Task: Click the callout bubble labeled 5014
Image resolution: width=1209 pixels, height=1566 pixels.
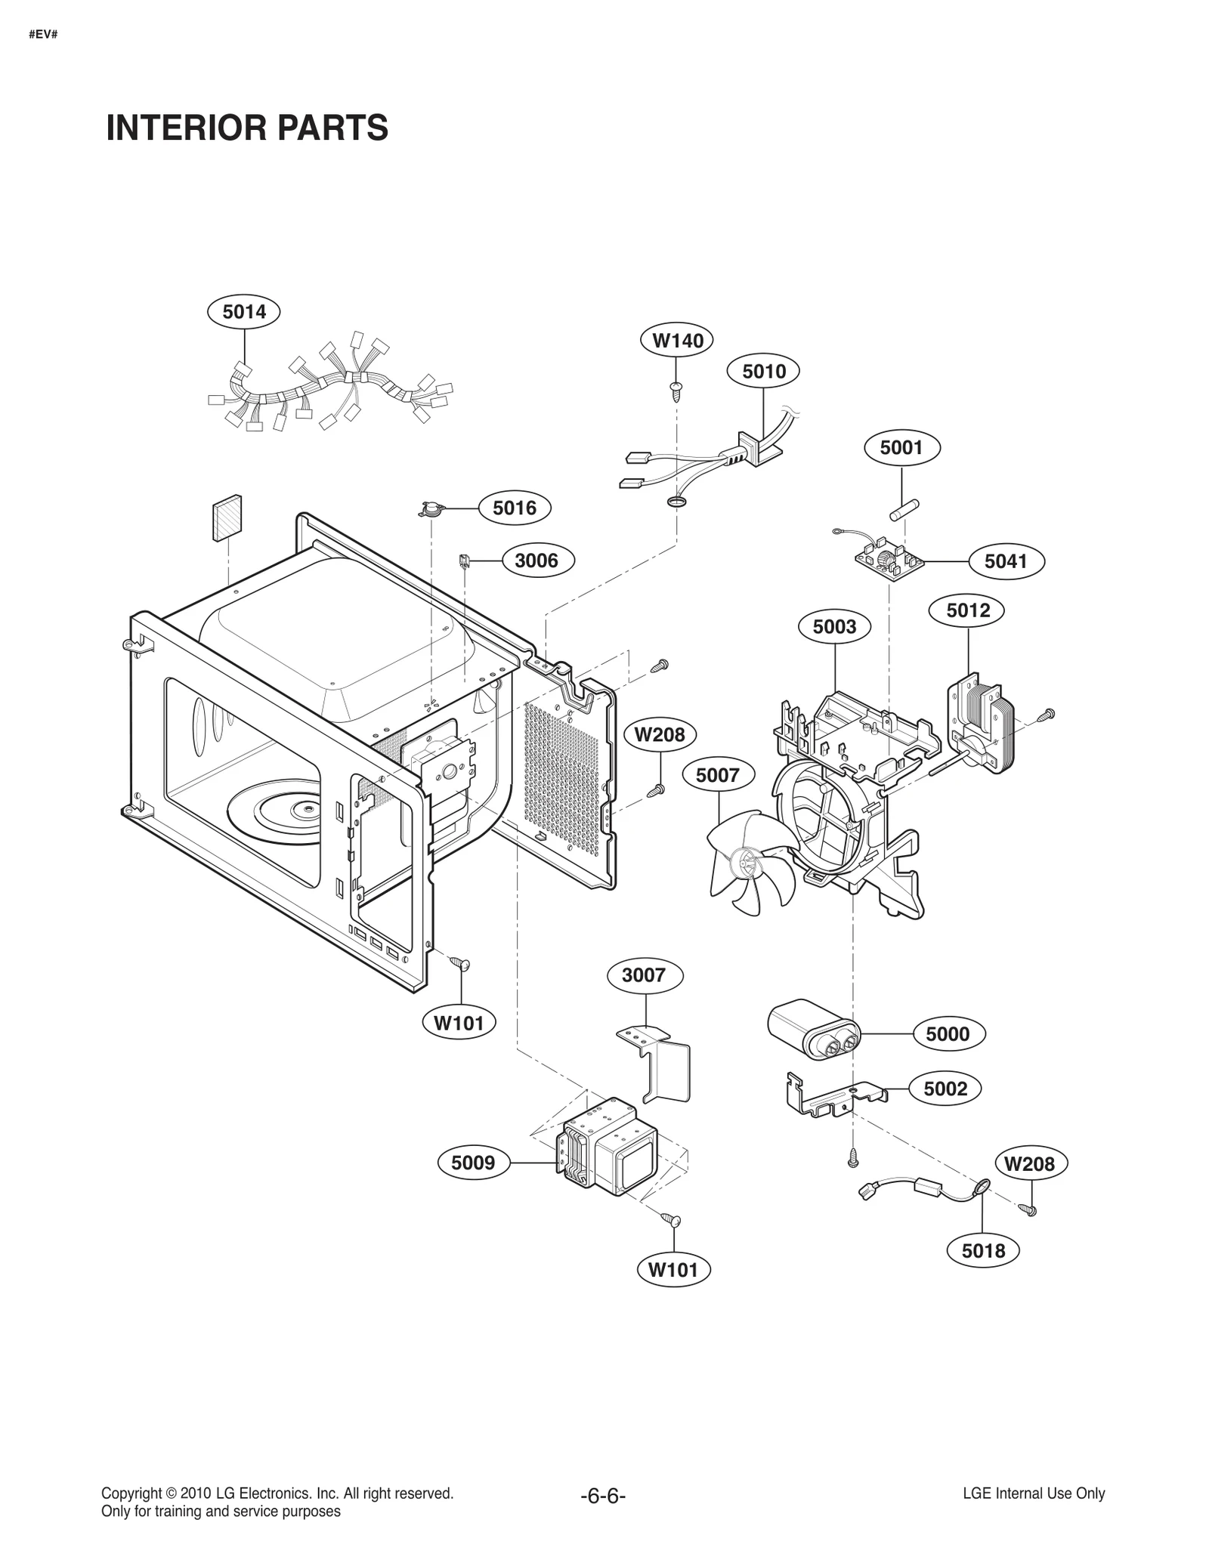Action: pos(243,311)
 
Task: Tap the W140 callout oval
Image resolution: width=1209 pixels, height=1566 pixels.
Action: pos(677,340)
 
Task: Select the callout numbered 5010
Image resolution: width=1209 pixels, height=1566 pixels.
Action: pos(763,371)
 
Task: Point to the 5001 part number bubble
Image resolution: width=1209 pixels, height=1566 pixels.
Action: pos(901,447)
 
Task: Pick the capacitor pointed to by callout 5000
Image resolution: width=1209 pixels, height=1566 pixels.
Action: pos(812,1029)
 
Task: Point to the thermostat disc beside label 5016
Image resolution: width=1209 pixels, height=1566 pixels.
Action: pos(431,511)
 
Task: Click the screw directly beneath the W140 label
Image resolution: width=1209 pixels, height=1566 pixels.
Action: pos(676,390)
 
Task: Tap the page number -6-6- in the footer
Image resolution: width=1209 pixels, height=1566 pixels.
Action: pos(603,1497)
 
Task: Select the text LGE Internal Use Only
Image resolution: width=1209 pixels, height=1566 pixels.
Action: pos(1033,1493)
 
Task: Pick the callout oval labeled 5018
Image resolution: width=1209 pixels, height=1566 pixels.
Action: pos(983,1250)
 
